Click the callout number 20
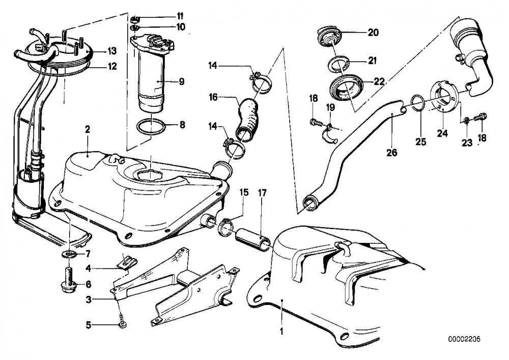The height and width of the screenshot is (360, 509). click(x=373, y=32)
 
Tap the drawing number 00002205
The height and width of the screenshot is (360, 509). click(x=464, y=339)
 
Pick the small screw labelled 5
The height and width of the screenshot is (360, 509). click(x=122, y=322)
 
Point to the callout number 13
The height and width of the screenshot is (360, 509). click(x=112, y=50)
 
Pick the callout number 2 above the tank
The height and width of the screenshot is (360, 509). click(x=87, y=129)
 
